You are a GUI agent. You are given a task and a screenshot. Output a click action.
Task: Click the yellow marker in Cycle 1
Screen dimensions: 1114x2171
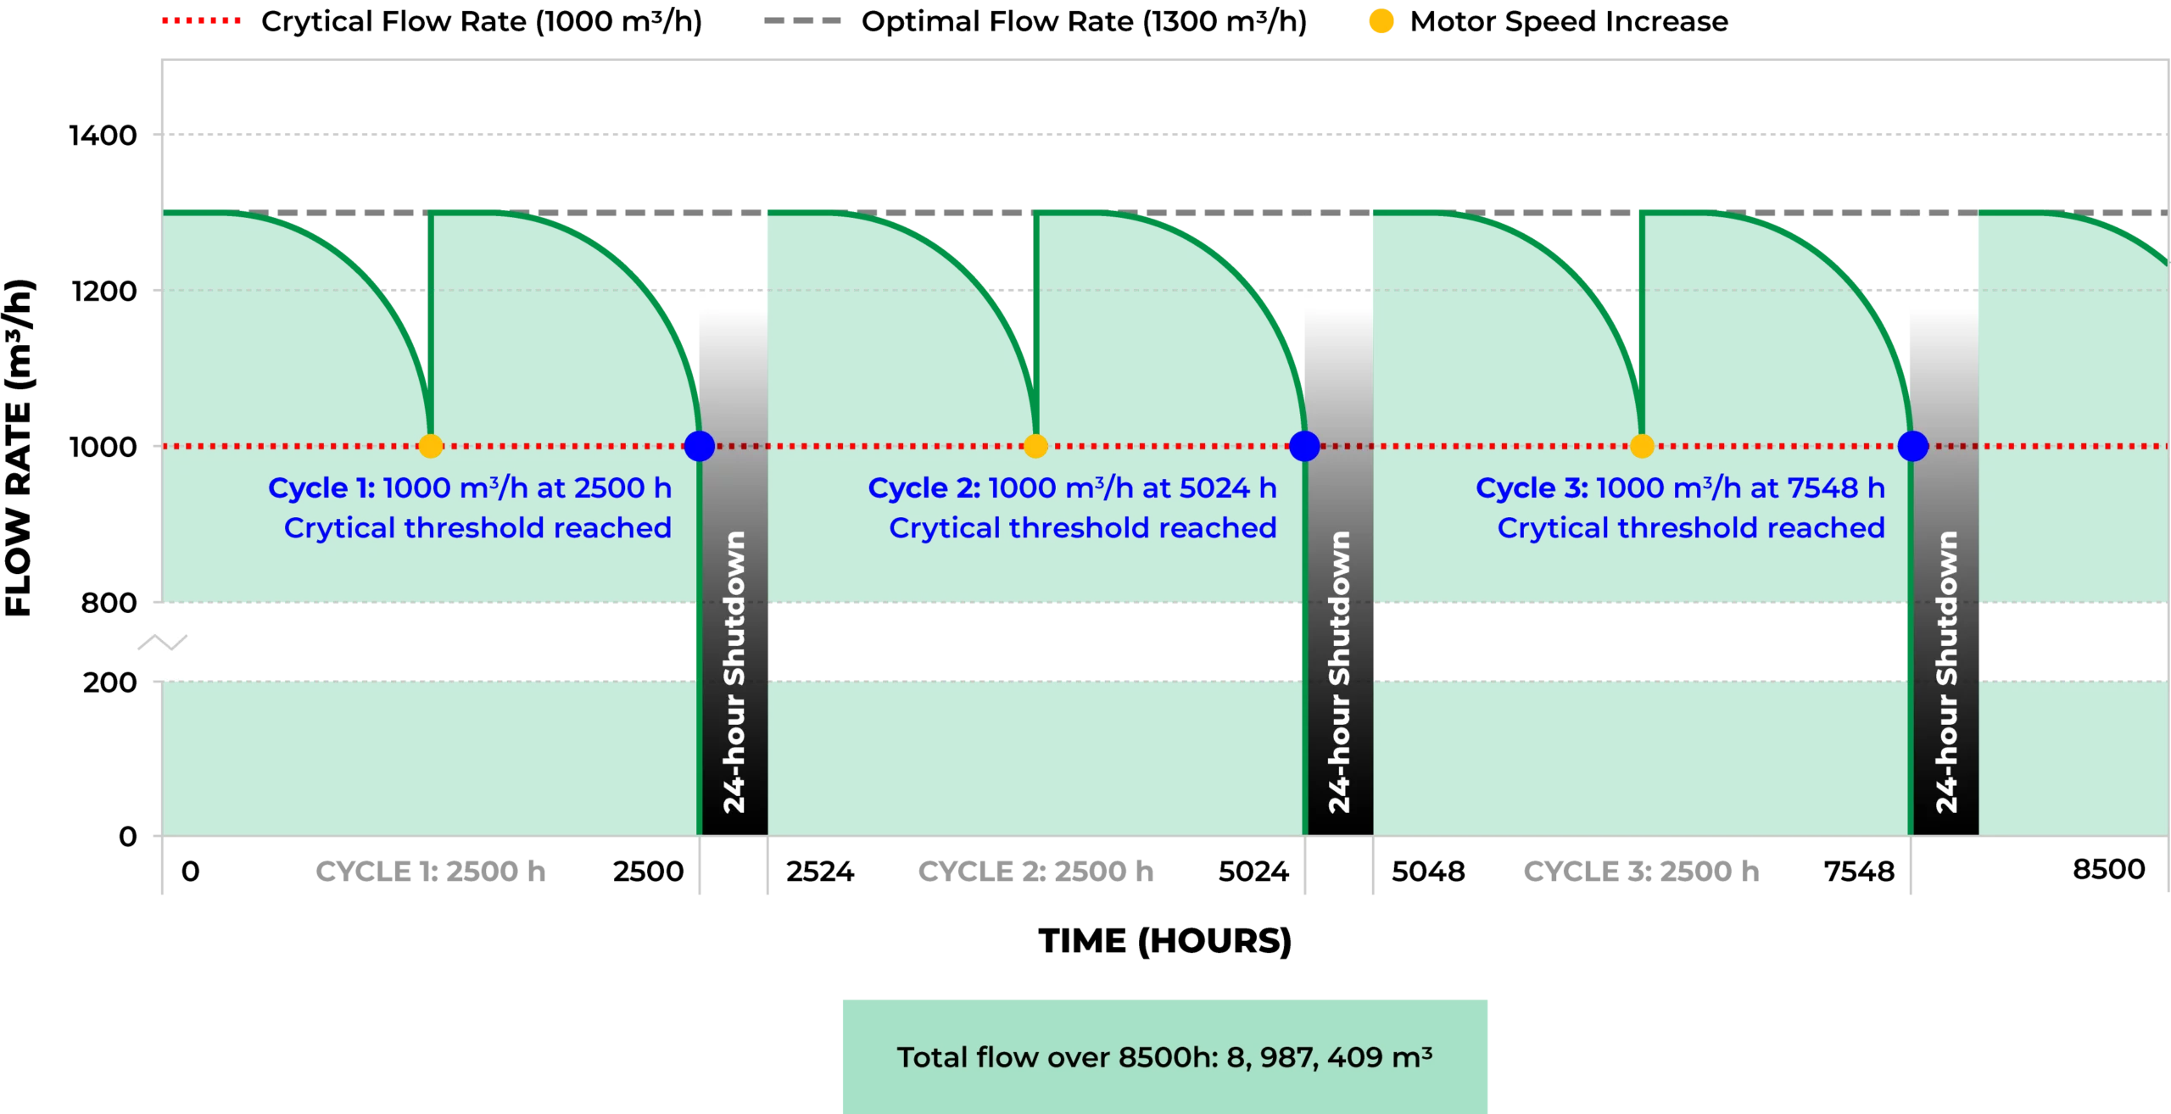click(x=431, y=446)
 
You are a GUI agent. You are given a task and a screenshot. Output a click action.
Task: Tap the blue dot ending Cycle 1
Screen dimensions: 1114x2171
click(x=700, y=446)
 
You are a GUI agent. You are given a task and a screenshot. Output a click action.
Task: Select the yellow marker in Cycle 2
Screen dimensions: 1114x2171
click(x=1035, y=446)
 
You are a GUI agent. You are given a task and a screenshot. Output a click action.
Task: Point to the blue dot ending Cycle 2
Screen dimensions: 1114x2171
click(x=1304, y=446)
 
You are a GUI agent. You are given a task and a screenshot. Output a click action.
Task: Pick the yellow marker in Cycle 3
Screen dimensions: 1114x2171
click(x=1643, y=446)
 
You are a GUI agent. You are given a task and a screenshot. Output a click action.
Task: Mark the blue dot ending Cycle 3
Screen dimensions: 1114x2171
click(x=1912, y=446)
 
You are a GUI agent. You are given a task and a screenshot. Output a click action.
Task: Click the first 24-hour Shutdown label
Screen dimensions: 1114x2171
click(x=734, y=671)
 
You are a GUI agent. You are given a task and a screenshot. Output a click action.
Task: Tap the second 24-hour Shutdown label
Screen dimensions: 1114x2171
click(x=1340, y=671)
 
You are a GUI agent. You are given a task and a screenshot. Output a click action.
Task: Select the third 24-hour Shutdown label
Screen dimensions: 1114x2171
click(x=1947, y=671)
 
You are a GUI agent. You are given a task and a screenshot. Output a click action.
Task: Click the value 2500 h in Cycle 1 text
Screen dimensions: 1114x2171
click(x=622, y=488)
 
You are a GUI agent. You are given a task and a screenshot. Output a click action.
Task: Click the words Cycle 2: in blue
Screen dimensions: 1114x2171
click(x=924, y=488)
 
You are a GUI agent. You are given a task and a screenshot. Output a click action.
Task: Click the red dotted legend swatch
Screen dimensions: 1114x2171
click(x=200, y=20)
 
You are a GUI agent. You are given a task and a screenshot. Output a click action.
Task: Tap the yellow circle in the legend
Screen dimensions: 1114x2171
click(x=1381, y=20)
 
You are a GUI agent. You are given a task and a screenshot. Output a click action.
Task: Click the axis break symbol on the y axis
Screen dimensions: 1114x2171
click(x=169, y=643)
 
